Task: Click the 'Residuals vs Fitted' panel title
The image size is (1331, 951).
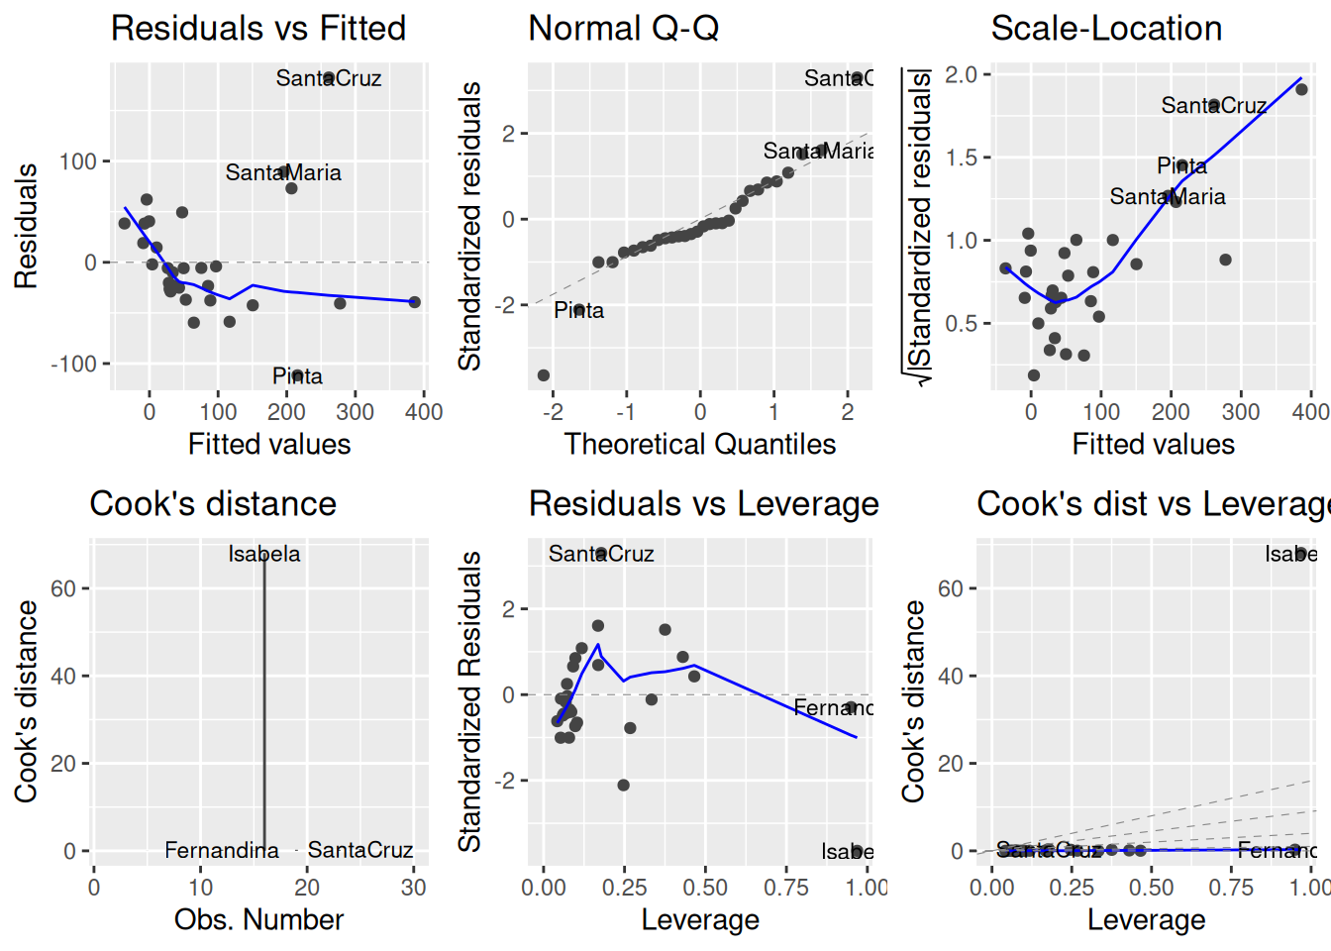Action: (x=258, y=29)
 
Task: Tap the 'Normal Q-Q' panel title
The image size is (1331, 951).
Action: (x=624, y=29)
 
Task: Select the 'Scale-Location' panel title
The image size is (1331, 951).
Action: (x=1106, y=29)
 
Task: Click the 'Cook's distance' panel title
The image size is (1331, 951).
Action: (x=213, y=504)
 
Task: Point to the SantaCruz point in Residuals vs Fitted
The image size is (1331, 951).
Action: (x=329, y=77)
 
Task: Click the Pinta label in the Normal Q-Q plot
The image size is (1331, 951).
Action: (x=578, y=311)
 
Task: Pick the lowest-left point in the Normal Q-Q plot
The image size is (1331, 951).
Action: (x=544, y=375)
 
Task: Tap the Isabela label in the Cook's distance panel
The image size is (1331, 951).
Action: (x=263, y=554)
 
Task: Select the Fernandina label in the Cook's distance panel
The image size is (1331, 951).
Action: (x=222, y=850)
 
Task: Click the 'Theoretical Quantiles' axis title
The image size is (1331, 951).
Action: (x=700, y=444)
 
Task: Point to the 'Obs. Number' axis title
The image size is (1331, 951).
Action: (x=258, y=919)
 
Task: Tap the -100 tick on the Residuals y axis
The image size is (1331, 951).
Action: (x=74, y=364)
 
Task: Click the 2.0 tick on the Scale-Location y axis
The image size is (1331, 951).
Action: (x=961, y=74)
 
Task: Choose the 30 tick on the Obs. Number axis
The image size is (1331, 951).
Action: (x=413, y=887)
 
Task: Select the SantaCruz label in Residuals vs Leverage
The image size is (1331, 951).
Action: (x=601, y=554)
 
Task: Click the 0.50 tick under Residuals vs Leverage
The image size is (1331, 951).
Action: (x=705, y=887)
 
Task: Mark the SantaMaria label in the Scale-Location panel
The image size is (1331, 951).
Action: (x=1167, y=197)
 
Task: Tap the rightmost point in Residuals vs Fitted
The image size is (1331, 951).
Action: (x=414, y=302)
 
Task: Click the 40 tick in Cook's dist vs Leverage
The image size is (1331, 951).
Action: (x=950, y=676)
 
